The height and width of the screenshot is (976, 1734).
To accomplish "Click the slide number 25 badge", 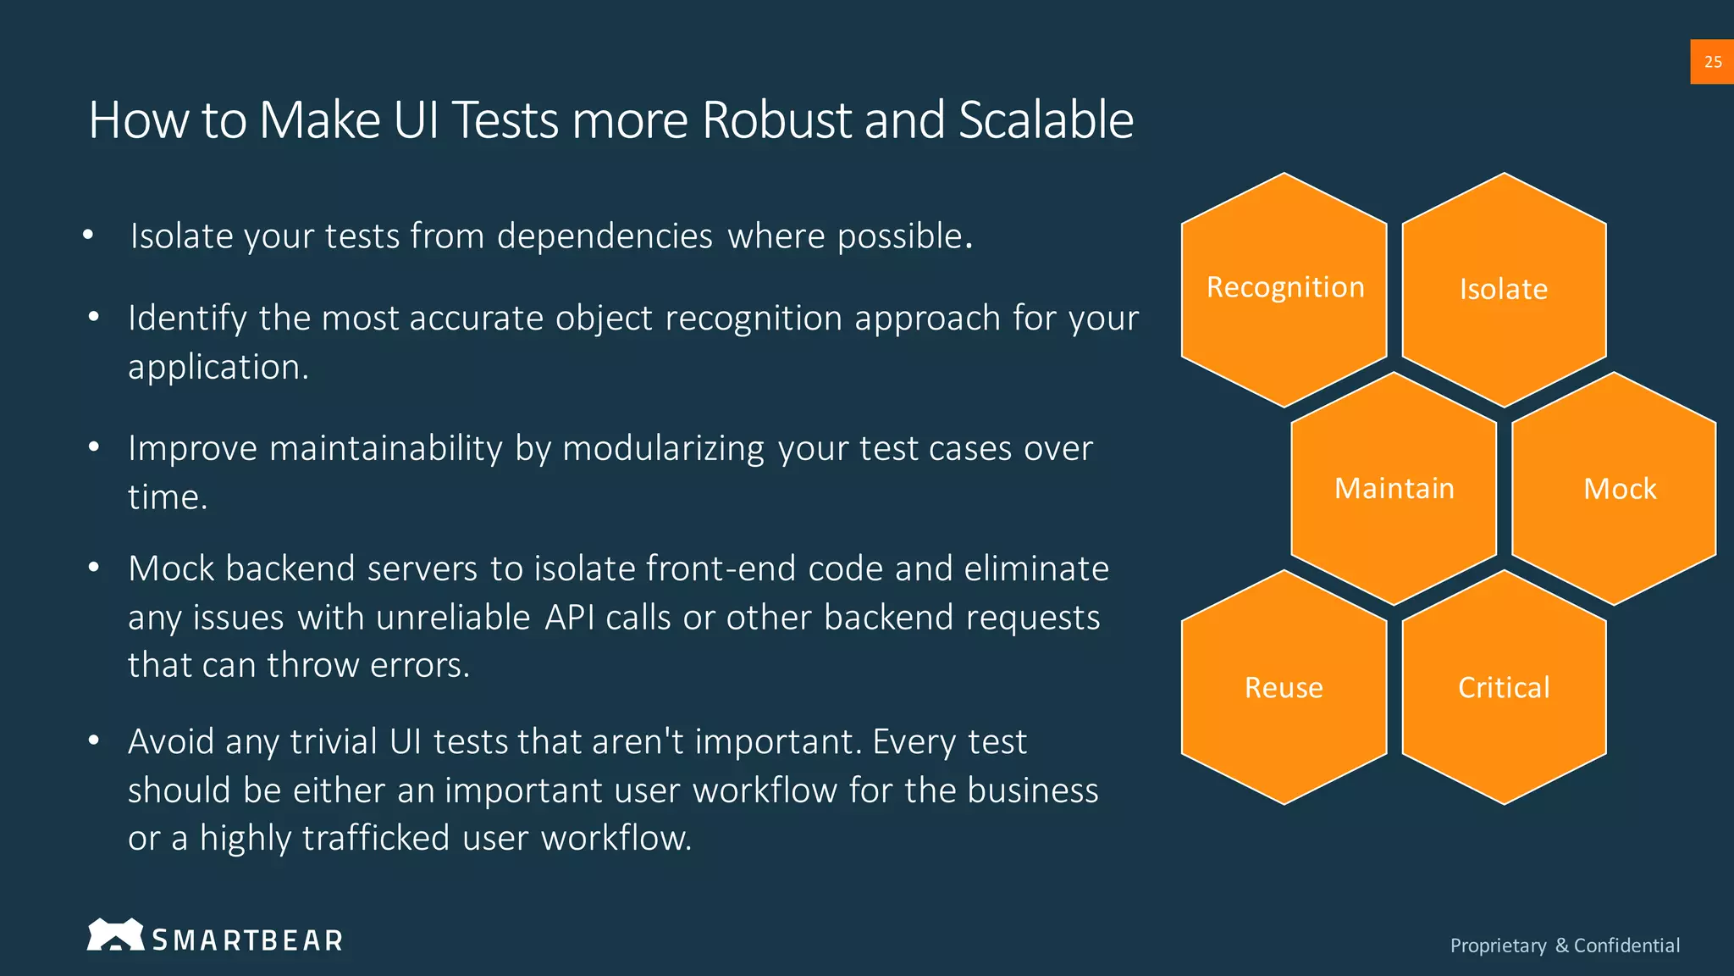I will [1712, 62].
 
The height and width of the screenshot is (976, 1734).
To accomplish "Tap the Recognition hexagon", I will [1284, 289].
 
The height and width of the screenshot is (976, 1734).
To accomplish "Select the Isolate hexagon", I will [1504, 289].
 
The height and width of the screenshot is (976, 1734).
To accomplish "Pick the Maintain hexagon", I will [1394, 489].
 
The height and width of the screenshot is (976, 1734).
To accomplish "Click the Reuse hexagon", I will [1284, 687].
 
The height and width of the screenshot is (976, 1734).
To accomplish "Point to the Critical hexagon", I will [1504, 687].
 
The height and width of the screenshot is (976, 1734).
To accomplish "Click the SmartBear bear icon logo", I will [114, 934].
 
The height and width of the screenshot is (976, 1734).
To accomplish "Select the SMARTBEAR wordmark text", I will [247, 940].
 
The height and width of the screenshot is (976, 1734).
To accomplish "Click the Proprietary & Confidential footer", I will [1565, 945].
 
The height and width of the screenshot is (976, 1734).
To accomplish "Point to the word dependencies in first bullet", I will [605, 236].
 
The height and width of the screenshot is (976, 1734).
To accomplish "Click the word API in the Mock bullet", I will [569, 618].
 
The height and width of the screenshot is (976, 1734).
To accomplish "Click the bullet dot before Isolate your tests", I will [88, 236].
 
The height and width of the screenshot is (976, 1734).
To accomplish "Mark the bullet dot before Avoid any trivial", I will [94, 741].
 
